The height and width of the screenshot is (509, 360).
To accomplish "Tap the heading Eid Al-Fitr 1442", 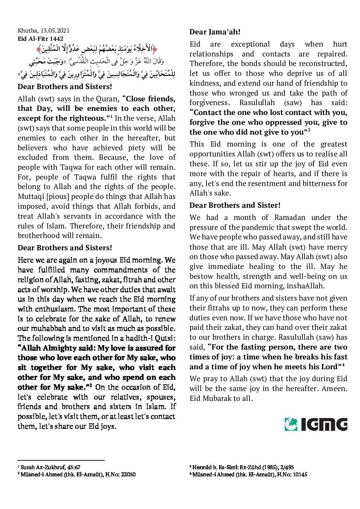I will click(x=40, y=39).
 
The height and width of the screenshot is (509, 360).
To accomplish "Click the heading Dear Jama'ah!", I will click(x=215, y=32).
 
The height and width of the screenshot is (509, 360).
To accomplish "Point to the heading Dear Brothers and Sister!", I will click(x=235, y=205).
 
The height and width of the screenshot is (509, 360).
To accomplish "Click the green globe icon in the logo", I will click(x=291, y=424).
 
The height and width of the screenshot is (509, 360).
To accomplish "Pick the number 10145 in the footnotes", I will click(x=298, y=474).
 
